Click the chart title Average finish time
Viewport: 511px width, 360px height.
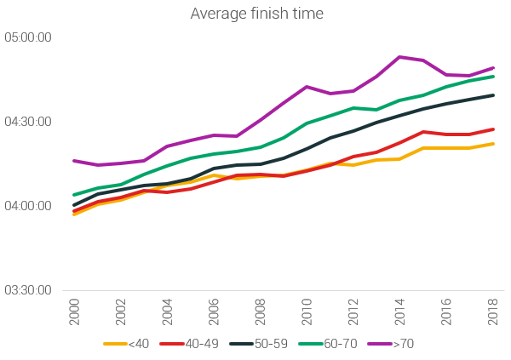[x=255, y=14]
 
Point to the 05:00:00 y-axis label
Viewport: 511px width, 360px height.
[x=28, y=37]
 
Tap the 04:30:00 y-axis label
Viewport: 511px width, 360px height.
[x=28, y=122]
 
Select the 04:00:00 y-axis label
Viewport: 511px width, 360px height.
[x=28, y=206]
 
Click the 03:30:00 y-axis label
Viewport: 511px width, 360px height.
[x=28, y=290]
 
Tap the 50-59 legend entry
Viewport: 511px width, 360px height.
[x=263, y=344]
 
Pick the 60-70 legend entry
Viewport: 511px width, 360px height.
[x=332, y=344]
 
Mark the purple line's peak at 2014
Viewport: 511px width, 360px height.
[x=399, y=57]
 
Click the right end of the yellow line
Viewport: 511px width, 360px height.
[x=493, y=144]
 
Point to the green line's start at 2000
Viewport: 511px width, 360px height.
[x=74, y=195]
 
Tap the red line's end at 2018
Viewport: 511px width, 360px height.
[x=493, y=129]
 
